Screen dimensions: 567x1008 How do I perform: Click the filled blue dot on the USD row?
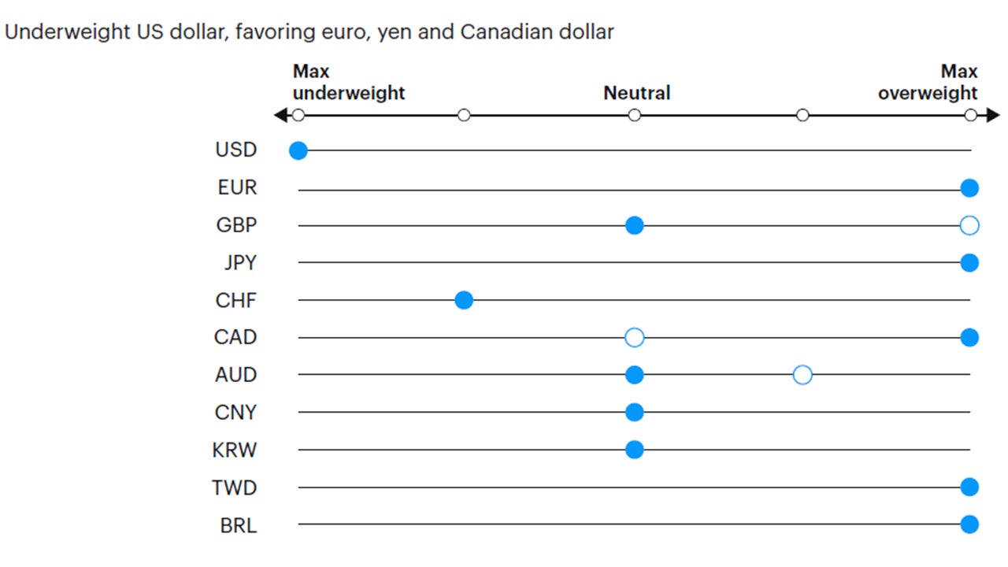(x=298, y=150)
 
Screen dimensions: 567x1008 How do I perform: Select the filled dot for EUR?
(x=969, y=188)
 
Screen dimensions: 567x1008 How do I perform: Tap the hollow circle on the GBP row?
(x=969, y=226)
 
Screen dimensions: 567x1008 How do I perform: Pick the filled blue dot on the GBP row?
(x=634, y=226)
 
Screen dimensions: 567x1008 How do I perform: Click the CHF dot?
(x=464, y=300)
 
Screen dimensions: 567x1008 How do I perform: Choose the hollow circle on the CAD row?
(x=634, y=338)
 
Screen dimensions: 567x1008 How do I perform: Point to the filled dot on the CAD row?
(x=969, y=338)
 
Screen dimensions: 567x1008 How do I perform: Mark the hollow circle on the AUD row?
(x=802, y=375)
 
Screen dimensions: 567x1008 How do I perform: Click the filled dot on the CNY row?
(x=634, y=412)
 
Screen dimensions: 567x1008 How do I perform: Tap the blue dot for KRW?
(x=634, y=450)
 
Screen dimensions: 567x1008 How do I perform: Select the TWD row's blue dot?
(x=969, y=487)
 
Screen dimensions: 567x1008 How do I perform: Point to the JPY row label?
(x=239, y=263)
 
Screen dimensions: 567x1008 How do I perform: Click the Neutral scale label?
(x=636, y=93)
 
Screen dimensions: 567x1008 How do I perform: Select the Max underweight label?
(x=348, y=83)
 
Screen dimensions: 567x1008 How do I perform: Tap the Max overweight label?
(x=928, y=83)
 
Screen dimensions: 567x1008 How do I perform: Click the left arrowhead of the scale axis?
(x=280, y=116)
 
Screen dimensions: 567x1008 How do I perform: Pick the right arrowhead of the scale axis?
(x=993, y=116)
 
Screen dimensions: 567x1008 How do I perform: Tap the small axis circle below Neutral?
(x=634, y=116)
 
